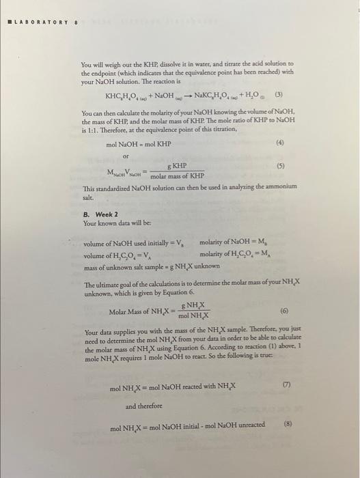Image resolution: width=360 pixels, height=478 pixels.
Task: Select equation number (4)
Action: pyautogui.click(x=281, y=143)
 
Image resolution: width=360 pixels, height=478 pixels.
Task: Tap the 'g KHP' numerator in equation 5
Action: pyautogui.click(x=176, y=166)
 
